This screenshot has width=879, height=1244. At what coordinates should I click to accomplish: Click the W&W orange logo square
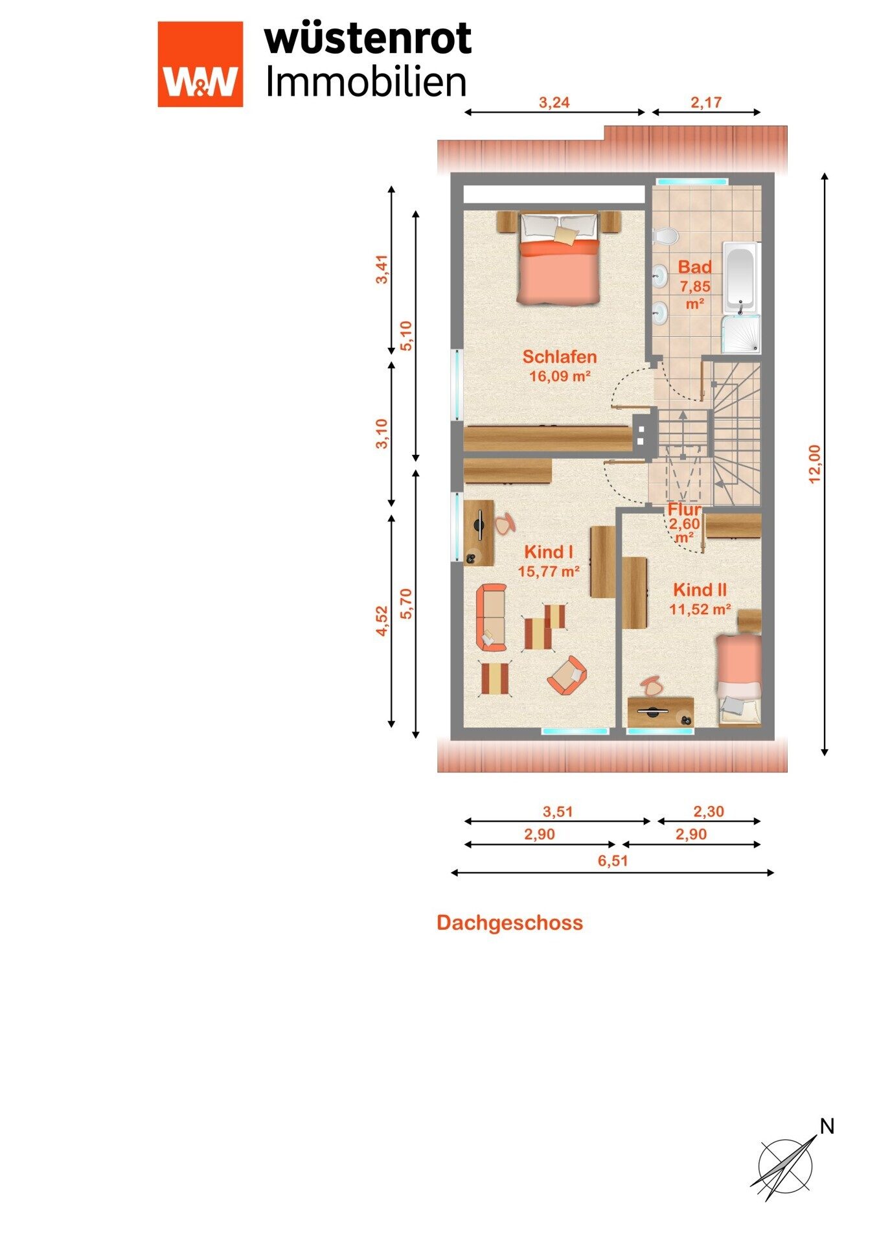click(x=200, y=64)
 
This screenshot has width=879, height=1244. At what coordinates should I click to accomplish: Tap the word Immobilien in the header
click(x=367, y=82)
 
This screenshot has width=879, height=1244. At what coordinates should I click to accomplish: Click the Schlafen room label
click(x=560, y=356)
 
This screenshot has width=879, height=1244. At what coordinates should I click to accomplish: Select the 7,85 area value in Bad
click(x=694, y=286)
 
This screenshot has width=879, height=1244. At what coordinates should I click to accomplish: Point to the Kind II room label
click(x=700, y=590)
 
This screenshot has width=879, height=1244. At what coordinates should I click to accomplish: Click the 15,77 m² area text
click(x=549, y=571)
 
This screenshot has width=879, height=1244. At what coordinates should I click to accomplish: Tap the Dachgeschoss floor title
click(x=510, y=923)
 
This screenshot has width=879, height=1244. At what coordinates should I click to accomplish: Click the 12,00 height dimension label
click(x=814, y=463)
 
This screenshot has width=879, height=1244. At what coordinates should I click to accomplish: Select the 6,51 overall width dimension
click(x=613, y=860)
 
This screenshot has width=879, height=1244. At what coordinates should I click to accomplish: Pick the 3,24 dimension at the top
click(x=554, y=102)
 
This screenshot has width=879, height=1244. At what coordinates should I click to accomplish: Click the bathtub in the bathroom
click(x=740, y=277)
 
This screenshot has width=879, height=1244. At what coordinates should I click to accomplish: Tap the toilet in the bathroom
click(x=663, y=236)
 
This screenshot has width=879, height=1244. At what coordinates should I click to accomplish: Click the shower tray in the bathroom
click(x=740, y=334)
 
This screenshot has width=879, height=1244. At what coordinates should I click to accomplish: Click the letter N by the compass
click(x=827, y=1127)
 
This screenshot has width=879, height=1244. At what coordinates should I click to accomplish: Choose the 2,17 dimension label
click(x=706, y=102)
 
